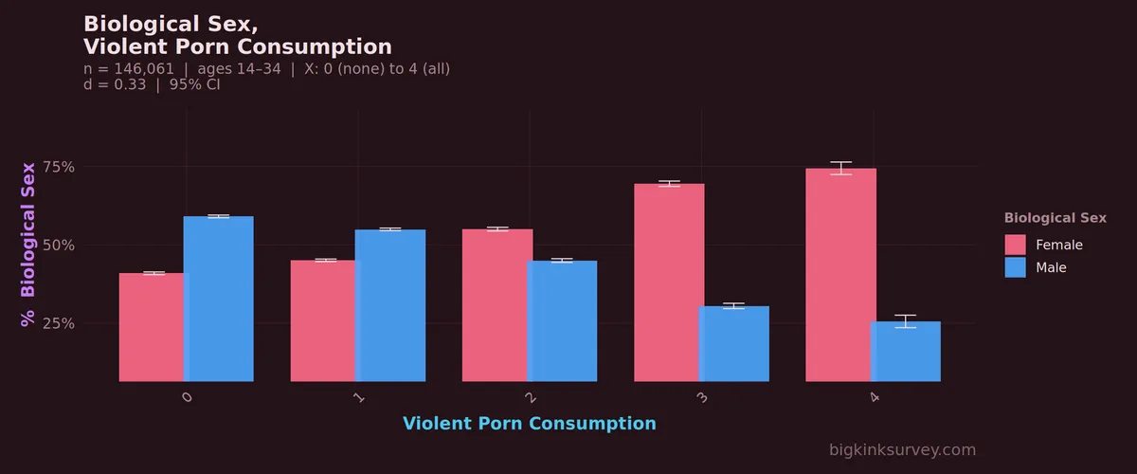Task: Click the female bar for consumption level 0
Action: [x=152, y=327]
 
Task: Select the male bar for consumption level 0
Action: [x=219, y=299]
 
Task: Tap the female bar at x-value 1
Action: [x=323, y=321]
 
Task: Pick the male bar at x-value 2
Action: [x=563, y=321]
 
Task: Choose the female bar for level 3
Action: [x=669, y=283]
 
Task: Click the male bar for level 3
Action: [x=734, y=344]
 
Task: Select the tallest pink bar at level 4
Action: [x=841, y=275]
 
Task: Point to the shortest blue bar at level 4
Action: [x=906, y=352]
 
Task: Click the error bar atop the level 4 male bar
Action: [x=906, y=321]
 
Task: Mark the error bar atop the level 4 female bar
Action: [x=841, y=168]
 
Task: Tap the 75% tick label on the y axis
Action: [x=59, y=167]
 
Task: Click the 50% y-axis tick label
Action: [x=59, y=246]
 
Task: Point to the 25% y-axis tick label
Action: [x=59, y=323]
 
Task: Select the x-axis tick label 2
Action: [x=531, y=397]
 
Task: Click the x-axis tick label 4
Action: [x=874, y=397]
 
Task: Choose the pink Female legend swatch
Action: [x=1015, y=245]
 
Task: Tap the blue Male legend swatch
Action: [x=1015, y=267]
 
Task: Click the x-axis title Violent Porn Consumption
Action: [x=530, y=424]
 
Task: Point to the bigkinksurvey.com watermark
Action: [x=902, y=450]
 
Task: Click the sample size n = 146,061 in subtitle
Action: [x=129, y=69]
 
